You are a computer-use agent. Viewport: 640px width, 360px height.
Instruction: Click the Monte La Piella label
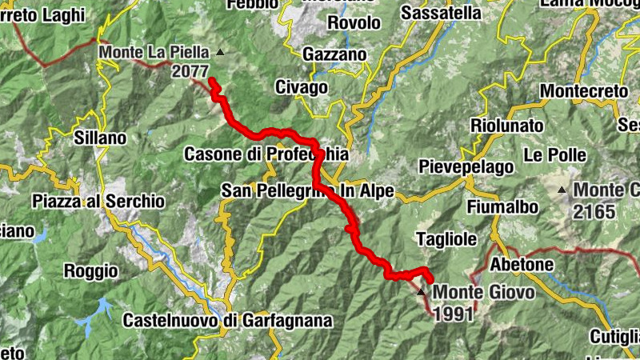154,53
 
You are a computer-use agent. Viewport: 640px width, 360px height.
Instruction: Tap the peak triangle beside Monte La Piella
221,53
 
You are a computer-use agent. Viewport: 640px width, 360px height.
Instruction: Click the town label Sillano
100,138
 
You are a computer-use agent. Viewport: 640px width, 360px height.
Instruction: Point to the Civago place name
301,86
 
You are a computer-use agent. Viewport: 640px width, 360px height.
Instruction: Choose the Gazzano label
334,54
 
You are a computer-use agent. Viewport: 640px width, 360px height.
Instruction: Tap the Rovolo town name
354,23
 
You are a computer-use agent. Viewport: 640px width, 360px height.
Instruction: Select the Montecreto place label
584,91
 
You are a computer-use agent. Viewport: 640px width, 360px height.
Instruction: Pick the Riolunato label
506,126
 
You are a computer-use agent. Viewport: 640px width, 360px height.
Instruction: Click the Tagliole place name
447,238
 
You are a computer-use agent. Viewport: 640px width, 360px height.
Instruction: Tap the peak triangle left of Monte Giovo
422,292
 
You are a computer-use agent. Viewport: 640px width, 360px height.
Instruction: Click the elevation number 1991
454,313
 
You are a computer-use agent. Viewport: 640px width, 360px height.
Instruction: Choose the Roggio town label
90,271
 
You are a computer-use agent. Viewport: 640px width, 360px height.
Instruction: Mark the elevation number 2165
594,212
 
